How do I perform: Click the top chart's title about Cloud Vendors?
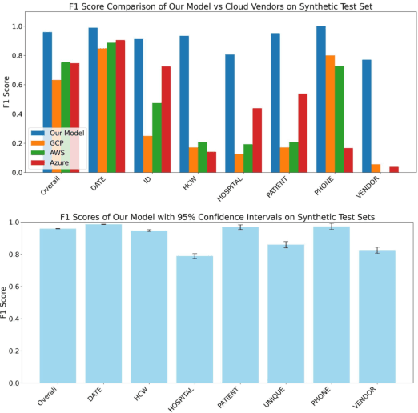pos(214,7)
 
